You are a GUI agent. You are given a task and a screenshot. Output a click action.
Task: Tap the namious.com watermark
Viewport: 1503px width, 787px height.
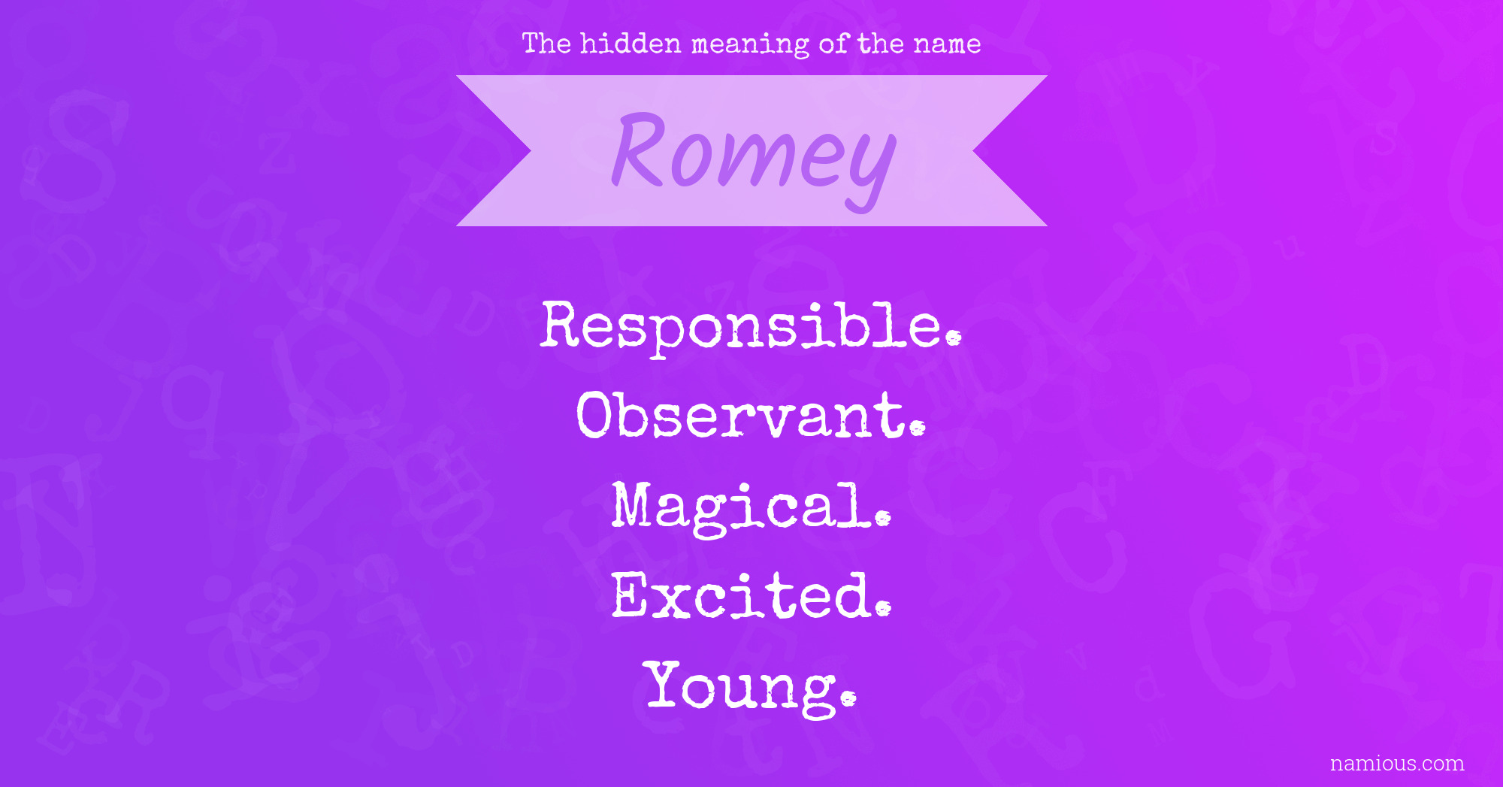(1397, 763)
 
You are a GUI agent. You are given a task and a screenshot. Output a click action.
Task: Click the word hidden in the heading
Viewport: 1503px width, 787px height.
(631, 44)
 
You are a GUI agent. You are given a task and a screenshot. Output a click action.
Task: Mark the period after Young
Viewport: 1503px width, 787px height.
(848, 699)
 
